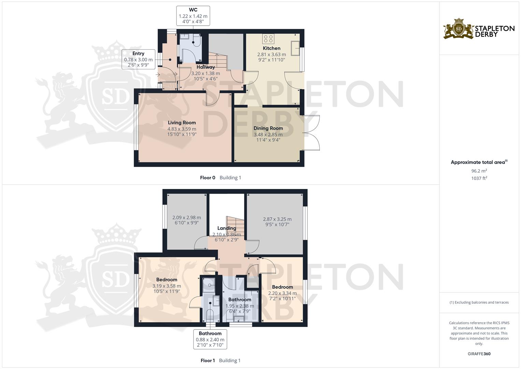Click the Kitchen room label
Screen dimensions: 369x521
click(x=271, y=48)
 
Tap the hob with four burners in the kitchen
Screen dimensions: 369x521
click(x=267, y=38)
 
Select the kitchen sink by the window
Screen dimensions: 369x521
click(x=295, y=48)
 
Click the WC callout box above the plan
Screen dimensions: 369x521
click(x=193, y=16)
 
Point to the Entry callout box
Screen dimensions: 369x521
click(x=138, y=59)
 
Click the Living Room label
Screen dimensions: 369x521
click(x=182, y=123)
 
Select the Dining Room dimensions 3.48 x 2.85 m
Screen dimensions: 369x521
click(x=268, y=134)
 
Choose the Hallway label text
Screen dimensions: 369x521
click(x=205, y=67)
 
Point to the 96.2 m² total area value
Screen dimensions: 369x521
click(x=479, y=171)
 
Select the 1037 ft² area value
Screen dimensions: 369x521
click(x=479, y=178)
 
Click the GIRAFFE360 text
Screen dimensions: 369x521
click(x=479, y=354)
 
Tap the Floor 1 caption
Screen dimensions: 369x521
click(x=207, y=360)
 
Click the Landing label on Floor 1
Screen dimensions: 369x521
click(x=227, y=228)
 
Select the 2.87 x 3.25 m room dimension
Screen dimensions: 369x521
click(x=277, y=219)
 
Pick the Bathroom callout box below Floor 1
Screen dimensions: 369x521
click(x=210, y=339)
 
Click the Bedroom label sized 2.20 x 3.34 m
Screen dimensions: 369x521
click(x=282, y=287)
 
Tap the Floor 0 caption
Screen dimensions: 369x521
click(x=207, y=178)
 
